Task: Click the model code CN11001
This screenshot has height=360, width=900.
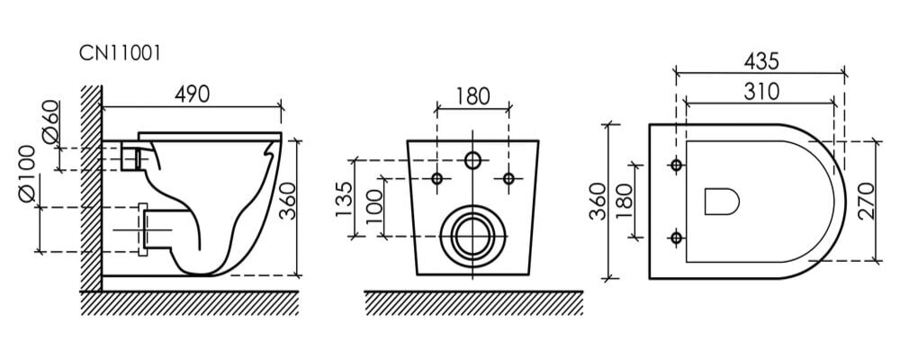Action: (x=120, y=53)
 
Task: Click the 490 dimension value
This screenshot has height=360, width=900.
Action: (x=193, y=94)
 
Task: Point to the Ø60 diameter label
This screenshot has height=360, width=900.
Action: (x=50, y=121)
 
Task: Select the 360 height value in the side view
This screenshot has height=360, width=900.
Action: (x=287, y=201)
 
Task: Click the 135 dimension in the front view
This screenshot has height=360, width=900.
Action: (x=343, y=199)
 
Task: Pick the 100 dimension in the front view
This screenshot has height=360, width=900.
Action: (x=374, y=206)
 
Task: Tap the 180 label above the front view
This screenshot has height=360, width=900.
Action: (x=473, y=96)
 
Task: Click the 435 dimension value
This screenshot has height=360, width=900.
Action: (x=761, y=61)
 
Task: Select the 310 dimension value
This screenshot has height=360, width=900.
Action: (x=761, y=91)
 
